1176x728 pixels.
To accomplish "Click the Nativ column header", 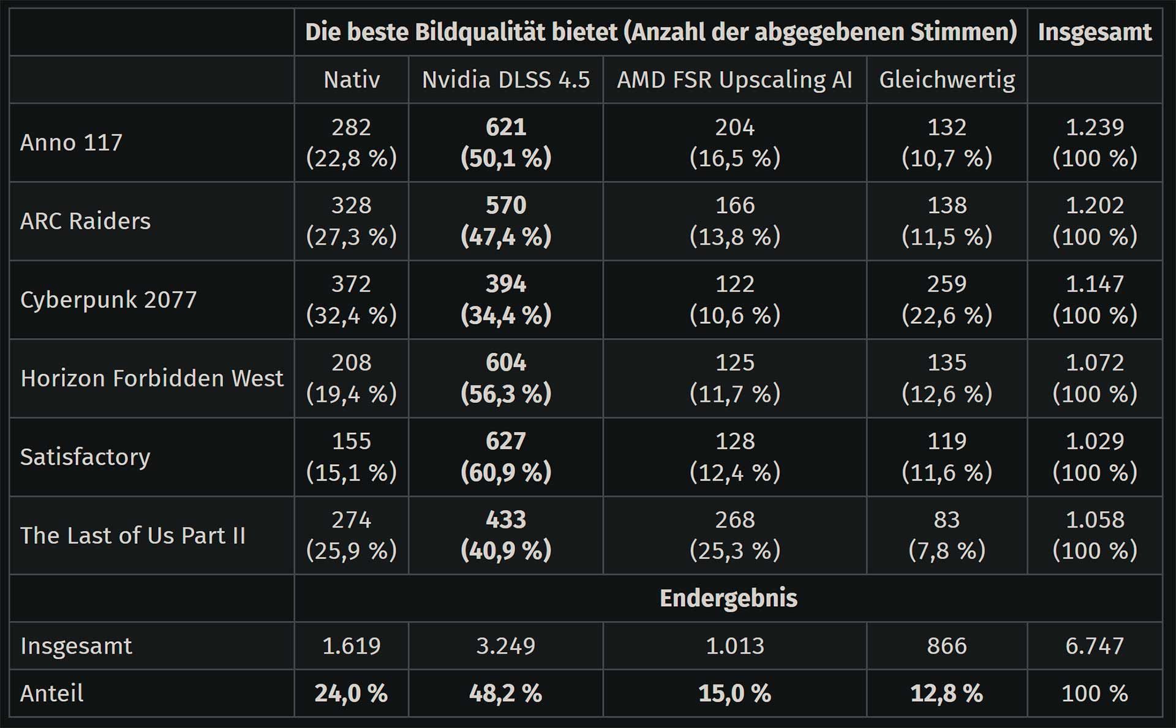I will point(352,80).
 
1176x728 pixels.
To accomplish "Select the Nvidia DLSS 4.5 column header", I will point(506,80).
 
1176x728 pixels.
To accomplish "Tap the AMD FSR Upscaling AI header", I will point(734,80).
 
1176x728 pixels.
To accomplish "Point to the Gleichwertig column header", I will point(947,80).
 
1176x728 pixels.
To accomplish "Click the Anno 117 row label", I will point(72,143).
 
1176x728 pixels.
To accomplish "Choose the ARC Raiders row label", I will point(85,221).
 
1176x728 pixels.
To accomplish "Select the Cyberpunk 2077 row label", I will point(108,299).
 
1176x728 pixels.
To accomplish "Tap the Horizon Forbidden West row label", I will point(152,378).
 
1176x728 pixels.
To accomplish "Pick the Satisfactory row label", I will point(85,457).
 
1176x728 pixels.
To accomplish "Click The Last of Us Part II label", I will point(133,536).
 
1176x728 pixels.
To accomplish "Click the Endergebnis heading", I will point(728,598).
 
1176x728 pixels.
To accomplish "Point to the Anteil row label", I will point(52,693).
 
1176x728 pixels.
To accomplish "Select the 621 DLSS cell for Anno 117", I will point(506,143).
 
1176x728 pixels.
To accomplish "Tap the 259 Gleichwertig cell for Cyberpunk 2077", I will point(947,299).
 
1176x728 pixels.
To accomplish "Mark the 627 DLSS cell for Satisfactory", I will point(506,457).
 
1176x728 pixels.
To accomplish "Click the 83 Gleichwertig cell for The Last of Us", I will point(947,535).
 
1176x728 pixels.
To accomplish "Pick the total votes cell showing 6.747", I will point(1095,646).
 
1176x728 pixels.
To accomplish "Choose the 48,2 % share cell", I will point(506,693).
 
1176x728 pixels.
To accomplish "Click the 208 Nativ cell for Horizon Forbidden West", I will point(352,378).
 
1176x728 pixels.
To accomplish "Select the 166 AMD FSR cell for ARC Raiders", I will point(734,221).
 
